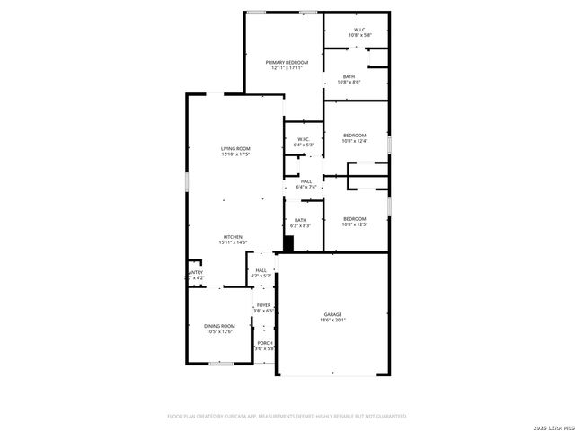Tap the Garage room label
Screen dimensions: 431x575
click(x=332, y=314)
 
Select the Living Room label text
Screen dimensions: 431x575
click(x=235, y=148)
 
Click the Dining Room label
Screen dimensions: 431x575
click(x=218, y=326)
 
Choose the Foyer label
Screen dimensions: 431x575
click(x=263, y=305)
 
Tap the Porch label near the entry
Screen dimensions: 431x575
click(x=264, y=343)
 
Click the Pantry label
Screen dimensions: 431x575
click(x=195, y=272)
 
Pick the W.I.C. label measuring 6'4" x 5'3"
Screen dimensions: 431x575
click(x=304, y=139)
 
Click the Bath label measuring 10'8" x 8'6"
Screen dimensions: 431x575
click(x=349, y=77)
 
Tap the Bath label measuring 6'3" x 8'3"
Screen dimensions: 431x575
click(x=300, y=220)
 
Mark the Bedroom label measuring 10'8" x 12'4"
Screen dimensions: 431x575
click(x=354, y=135)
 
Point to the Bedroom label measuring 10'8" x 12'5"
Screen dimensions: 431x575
click(x=354, y=218)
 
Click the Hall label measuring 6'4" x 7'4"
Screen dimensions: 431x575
click(x=306, y=181)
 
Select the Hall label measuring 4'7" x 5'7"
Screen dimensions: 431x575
click(x=261, y=270)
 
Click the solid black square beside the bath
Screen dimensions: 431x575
click(x=288, y=242)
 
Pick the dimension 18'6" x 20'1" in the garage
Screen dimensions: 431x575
click(x=332, y=320)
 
